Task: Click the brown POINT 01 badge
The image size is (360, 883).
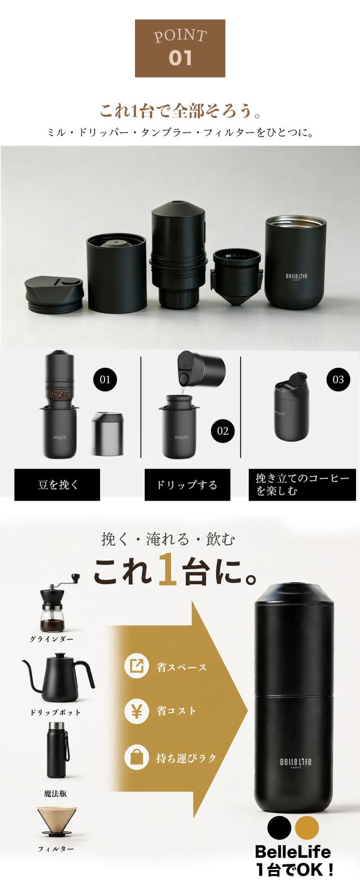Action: [180, 48]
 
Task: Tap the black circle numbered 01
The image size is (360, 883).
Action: [105, 380]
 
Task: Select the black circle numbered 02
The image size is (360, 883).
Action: [223, 431]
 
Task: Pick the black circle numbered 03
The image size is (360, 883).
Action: [338, 379]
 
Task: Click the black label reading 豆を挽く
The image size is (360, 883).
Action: [57, 484]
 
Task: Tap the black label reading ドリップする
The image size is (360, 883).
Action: [187, 484]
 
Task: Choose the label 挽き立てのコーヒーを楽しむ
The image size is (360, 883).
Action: [302, 484]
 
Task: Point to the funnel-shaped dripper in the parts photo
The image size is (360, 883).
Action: [236, 276]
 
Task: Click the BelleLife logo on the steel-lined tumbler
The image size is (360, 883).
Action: [296, 276]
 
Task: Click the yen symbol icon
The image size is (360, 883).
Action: [137, 711]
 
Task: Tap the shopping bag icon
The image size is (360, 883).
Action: [137, 758]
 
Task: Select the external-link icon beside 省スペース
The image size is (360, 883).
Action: [137, 665]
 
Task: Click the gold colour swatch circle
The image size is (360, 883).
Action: [307, 827]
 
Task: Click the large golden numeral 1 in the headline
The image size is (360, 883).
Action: [167, 569]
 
